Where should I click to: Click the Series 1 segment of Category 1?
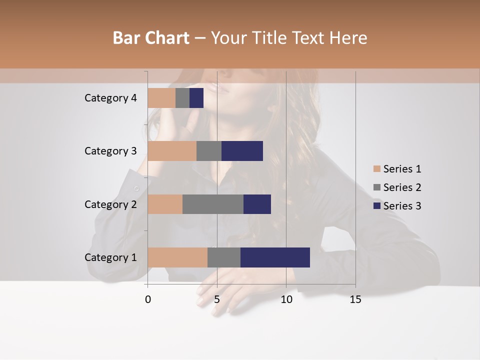point(177,257)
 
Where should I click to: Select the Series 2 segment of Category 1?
point(224,257)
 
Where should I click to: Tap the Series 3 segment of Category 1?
point(275,257)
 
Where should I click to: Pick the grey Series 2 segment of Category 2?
point(213,204)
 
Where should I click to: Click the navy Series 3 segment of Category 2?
point(257,204)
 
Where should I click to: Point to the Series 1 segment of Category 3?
point(172,151)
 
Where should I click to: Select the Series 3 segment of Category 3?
point(242,151)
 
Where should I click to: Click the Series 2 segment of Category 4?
point(182,98)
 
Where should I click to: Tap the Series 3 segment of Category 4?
point(196,98)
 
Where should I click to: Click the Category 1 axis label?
point(110,257)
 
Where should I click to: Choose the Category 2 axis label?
point(110,204)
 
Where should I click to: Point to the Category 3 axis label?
point(110,151)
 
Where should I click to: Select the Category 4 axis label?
point(110,98)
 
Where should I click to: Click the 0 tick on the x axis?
point(148,299)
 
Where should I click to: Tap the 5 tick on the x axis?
point(217,299)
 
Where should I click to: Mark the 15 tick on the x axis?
point(355,299)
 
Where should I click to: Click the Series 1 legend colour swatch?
point(377,169)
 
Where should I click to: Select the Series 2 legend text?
point(402,187)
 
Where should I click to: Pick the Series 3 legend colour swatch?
point(377,206)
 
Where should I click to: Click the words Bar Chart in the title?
point(151,38)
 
